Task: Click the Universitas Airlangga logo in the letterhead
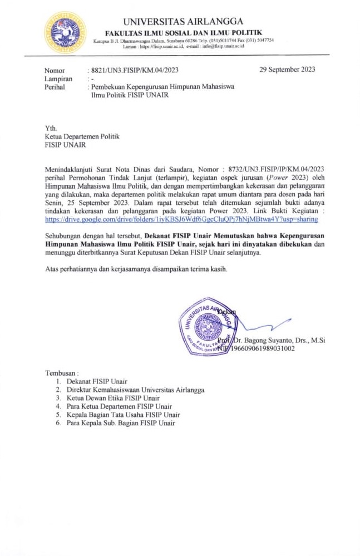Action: pyautogui.click(x=65, y=32)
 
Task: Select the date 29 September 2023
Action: pyautogui.click(x=287, y=70)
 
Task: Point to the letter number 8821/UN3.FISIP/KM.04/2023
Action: pyautogui.click(x=134, y=70)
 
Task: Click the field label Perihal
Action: pyautogui.click(x=55, y=87)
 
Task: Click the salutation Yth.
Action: pyautogui.click(x=51, y=127)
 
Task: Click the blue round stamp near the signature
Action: pyautogui.click(x=206, y=326)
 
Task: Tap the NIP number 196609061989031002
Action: pyautogui.click(x=262, y=349)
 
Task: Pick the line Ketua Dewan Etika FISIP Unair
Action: pyautogui.click(x=113, y=398)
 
